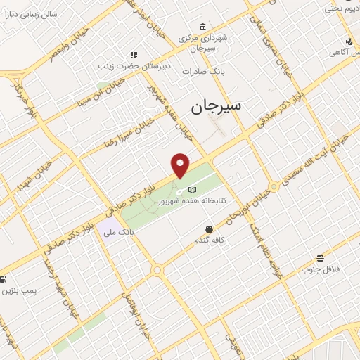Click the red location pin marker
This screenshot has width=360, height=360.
pos(181,165)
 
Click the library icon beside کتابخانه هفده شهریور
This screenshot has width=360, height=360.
pos(192,189)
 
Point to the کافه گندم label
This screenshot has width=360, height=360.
pos(209,240)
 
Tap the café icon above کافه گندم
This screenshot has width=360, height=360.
pos(209,229)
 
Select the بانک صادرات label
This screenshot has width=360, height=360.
pos(202,72)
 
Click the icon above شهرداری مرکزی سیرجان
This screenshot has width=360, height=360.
pos(203,27)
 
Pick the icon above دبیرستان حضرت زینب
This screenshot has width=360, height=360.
pos(134,54)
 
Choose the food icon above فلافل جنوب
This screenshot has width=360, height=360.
pos(320,258)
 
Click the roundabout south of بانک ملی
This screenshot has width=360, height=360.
pos(157,270)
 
